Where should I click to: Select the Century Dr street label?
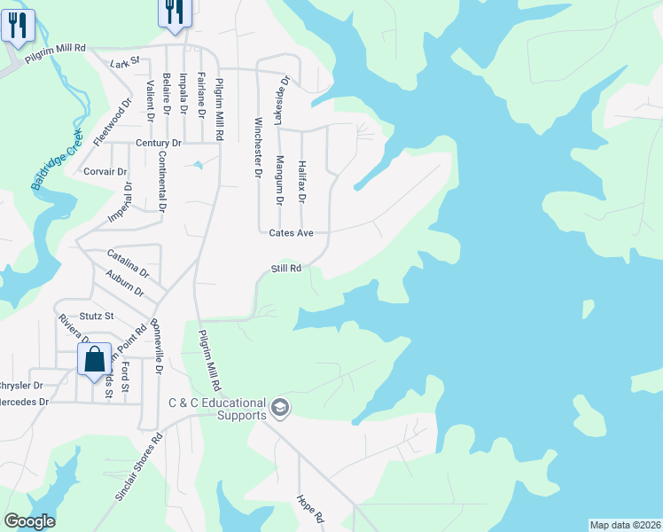pos(159,143)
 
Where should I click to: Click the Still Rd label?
pos(286,268)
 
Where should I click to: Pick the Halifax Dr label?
pos(301,178)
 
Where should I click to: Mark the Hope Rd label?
pos(311,508)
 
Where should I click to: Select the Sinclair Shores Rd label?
pos(140,468)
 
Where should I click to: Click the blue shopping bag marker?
pos(94,361)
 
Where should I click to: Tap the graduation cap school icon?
pos(280,407)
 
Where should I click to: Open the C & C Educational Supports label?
pos(217,409)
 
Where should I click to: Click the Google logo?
pos(29,521)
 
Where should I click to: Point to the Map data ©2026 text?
pos(625,525)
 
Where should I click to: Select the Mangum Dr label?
pos(279,181)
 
